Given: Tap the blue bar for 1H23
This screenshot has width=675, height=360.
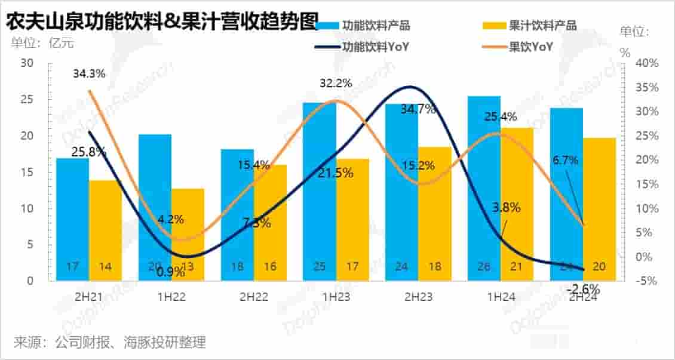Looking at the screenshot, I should (319, 191).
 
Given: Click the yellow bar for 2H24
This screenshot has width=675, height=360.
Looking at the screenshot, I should (599, 209).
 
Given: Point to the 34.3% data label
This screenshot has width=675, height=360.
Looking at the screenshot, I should (90, 74).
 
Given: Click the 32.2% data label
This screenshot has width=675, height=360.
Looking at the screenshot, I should (336, 84).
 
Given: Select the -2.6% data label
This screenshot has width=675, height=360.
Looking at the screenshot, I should (582, 288).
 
